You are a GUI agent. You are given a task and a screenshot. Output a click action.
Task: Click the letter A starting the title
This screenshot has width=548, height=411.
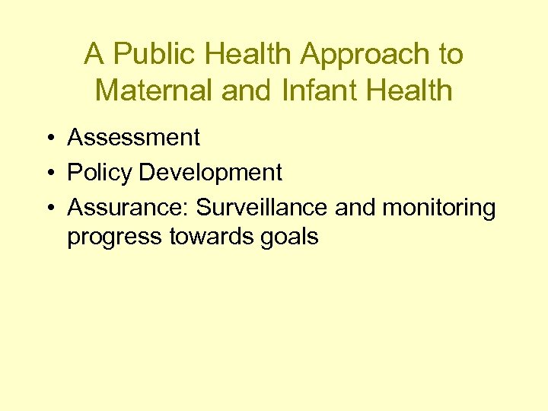[x=94, y=55]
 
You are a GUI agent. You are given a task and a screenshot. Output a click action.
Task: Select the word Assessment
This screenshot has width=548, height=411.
[x=134, y=138]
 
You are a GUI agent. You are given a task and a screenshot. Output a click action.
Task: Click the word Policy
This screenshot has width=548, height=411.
[x=100, y=173]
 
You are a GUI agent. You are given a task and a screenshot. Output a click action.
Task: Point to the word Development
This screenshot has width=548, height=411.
[x=211, y=173]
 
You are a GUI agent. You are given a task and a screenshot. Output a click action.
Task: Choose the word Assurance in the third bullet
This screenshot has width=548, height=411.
[x=129, y=208]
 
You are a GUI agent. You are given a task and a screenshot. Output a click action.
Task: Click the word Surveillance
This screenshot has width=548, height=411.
[x=264, y=208]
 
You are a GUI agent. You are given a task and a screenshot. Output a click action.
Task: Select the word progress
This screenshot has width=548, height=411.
[x=115, y=237]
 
